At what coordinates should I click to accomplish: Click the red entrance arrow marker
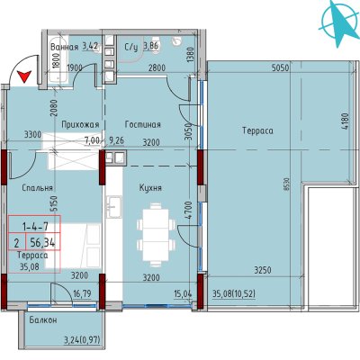(x=24, y=76)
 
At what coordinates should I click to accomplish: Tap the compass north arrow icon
(x=339, y=23)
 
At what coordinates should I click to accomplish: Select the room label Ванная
(x=65, y=47)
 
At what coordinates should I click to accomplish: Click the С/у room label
(x=131, y=47)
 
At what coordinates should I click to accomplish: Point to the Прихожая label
(x=80, y=124)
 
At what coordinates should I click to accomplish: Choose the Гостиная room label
(x=143, y=124)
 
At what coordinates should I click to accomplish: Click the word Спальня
(x=38, y=188)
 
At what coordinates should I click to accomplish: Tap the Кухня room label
(x=150, y=188)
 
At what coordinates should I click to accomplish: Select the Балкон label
(x=43, y=320)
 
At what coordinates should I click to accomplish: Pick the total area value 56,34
(x=42, y=242)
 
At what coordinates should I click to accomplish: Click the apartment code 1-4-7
(x=35, y=226)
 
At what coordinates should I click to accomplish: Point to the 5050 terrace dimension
(x=280, y=68)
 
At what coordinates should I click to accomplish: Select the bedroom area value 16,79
(x=82, y=292)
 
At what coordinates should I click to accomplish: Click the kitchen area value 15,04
(x=183, y=293)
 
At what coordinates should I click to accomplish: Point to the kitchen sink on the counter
(x=114, y=206)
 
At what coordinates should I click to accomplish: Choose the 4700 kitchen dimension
(x=188, y=211)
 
